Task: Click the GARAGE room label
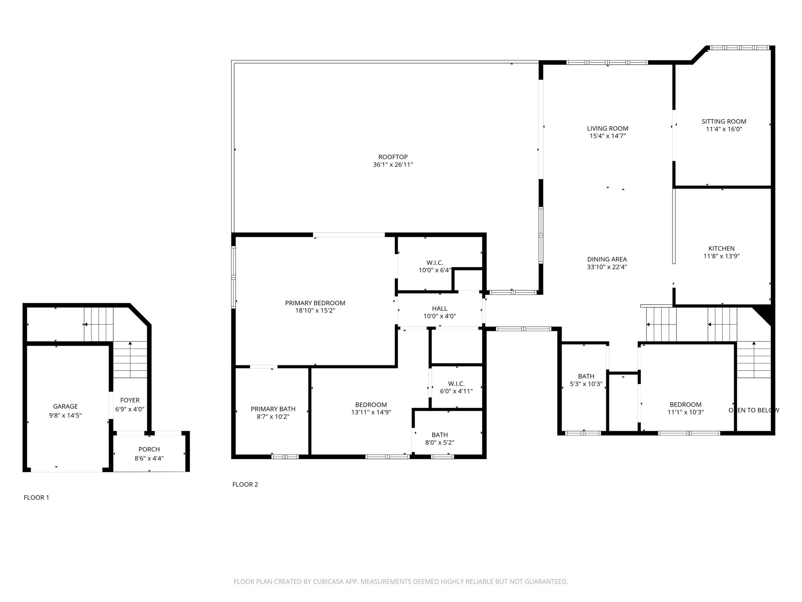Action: (x=65, y=406)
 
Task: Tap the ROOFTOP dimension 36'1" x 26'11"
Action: (x=393, y=165)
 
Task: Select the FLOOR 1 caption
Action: (x=36, y=497)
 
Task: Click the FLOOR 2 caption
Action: (x=245, y=484)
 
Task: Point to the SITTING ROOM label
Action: (x=724, y=121)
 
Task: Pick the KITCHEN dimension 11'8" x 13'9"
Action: (x=721, y=256)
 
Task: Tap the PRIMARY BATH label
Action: (x=273, y=409)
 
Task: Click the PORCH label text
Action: (x=149, y=449)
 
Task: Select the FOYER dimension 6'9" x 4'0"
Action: (x=130, y=409)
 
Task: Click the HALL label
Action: (x=439, y=309)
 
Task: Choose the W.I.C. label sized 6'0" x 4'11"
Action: (x=456, y=384)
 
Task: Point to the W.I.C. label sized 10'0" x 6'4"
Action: (x=435, y=263)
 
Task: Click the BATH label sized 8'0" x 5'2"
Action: (x=439, y=435)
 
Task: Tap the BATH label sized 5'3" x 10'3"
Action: (x=586, y=376)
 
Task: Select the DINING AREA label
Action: (x=607, y=259)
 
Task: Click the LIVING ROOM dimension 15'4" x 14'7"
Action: (x=607, y=136)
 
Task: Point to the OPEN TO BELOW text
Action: (x=753, y=410)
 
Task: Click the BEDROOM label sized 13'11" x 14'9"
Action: (x=371, y=405)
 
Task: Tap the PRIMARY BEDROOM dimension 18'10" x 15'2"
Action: (x=315, y=311)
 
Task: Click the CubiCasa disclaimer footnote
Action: (x=401, y=582)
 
